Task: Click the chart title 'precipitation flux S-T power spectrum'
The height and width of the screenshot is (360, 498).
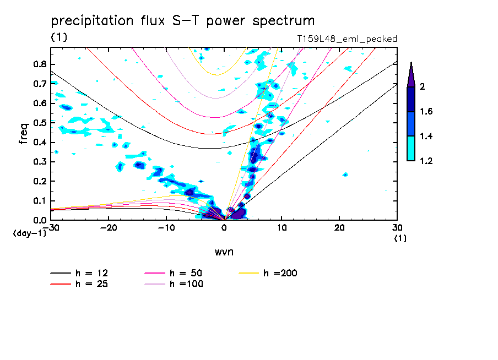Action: tap(183, 21)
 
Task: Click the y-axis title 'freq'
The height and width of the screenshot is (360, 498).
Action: tap(23, 133)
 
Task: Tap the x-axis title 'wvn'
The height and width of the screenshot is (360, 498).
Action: tap(224, 252)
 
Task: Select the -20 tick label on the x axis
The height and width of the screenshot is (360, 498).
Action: tap(109, 227)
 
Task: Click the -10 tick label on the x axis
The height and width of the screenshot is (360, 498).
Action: tap(166, 227)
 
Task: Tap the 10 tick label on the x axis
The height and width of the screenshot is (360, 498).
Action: tap(282, 227)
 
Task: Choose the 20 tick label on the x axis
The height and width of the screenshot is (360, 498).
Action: tap(340, 227)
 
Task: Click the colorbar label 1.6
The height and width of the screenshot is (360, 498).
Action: tap(425, 112)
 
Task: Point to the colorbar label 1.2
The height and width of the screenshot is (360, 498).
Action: tap(425, 161)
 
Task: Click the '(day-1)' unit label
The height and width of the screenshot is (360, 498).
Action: tap(29, 233)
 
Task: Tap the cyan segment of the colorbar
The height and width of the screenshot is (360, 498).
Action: tap(411, 148)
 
